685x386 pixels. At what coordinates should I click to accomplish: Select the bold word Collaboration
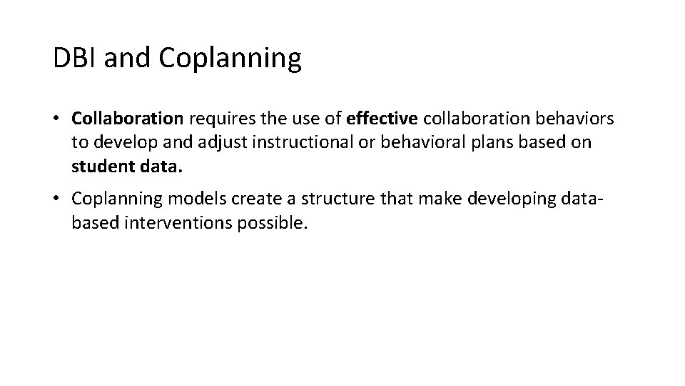click(x=128, y=117)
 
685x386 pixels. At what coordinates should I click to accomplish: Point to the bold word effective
click(x=376, y=117)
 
